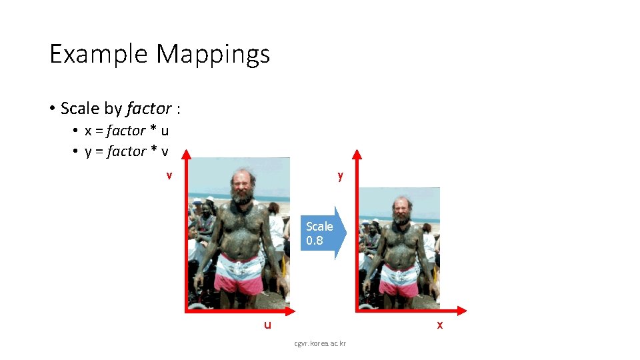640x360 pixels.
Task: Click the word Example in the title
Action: tap(99, 54)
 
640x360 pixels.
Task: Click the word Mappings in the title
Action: tap(213, 54)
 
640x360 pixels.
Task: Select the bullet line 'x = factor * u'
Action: tap(126, 131)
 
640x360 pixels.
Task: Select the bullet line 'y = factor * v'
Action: tap(126, 151)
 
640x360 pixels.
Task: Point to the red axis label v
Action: tap(170, 175)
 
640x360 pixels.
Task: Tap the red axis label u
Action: tap(267, 325)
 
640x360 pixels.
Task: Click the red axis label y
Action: tap(340, 175)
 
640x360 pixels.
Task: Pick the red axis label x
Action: tap(439, 325)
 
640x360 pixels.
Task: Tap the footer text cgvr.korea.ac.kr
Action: tap(325, 344)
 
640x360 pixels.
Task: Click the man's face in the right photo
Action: tap(401, 211)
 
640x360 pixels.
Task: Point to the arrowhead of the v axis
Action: tap(186, 155)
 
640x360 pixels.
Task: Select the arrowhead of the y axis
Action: tap(357, 155)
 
